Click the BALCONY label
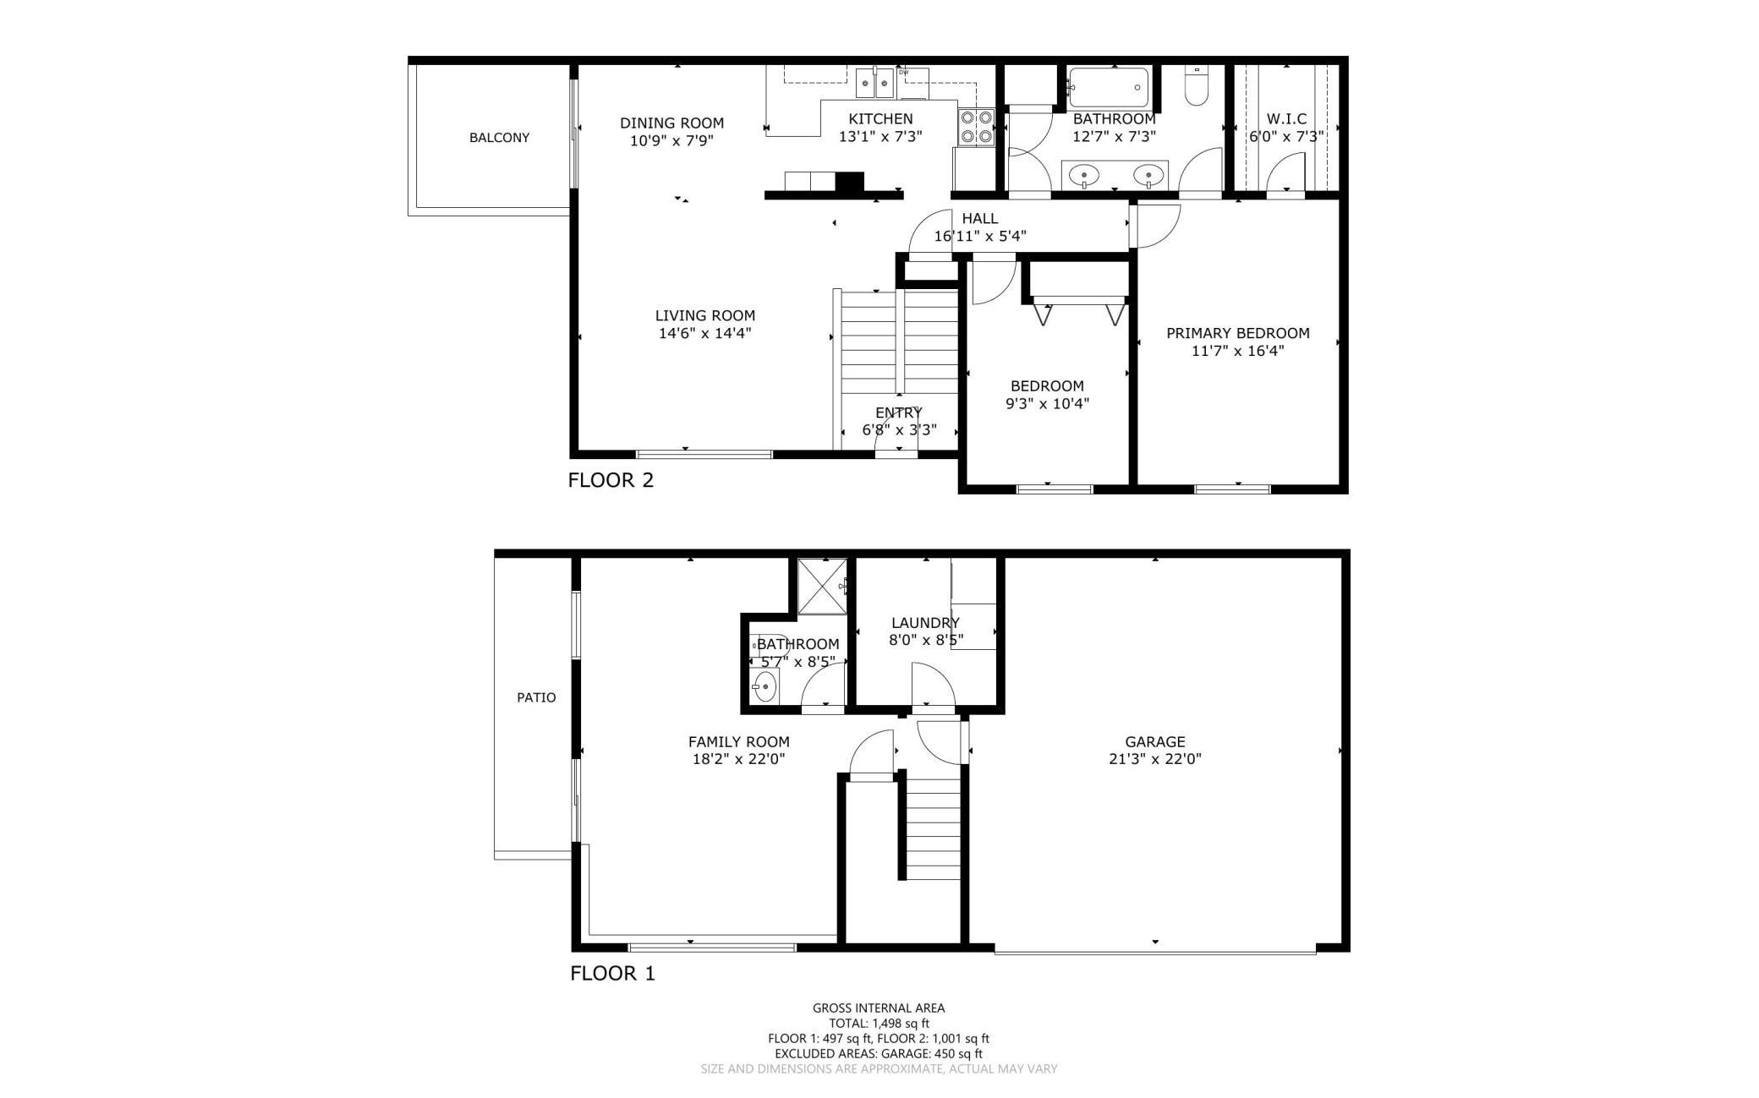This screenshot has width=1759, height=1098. click(x=499, y=138)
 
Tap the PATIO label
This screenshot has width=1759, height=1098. click(x=536, y=697)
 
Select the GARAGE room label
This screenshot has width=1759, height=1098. click(x=1154, y=742)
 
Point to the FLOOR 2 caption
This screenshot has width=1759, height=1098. click(x=611, y=480)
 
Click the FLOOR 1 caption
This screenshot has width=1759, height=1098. click(x=612, y=973)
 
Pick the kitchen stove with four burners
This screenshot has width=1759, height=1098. click(x=976, y=128)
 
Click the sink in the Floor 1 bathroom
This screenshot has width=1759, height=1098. click(x=764, y=686)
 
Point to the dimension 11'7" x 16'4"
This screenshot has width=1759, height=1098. click(x=1237, y=351)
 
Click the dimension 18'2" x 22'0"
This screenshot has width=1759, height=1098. click(x=738, y=759)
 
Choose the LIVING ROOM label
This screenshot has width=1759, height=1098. click(x=704, y=315)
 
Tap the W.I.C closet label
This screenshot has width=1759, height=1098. click(x=1285, y=119)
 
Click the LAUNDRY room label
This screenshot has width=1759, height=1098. click(x=925, y=623)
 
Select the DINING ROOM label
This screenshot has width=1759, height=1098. click(x=671, y=123)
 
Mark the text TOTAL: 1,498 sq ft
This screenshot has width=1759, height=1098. click(x=879, y=1023)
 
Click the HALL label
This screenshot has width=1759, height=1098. click(x=979, y=218)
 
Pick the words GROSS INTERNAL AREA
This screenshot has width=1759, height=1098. click(x=879, y=1008)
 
